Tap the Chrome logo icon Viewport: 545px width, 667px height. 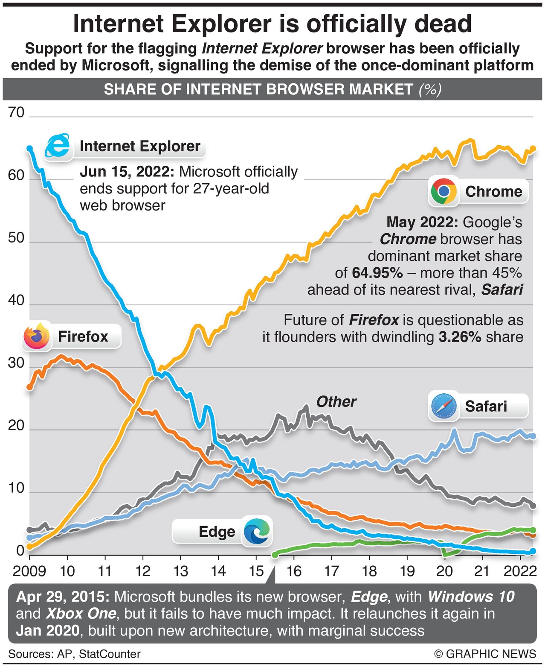point(444,191)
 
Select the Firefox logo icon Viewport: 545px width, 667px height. point(37,336)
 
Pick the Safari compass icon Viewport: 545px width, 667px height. point(444,406)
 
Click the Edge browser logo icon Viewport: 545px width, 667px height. point(257,531)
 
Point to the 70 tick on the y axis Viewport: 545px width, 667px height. point(16,113)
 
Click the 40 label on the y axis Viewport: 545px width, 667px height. point(16,300)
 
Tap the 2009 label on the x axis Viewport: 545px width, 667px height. point(29,571)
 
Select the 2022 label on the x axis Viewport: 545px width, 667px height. point(519,571)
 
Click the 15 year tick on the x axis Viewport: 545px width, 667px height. point(256,571)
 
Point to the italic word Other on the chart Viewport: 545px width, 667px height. point(336,401)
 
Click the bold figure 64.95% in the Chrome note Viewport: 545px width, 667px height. point(377,272)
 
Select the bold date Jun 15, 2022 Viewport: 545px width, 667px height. point(127,172)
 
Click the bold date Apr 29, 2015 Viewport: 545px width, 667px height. point(63,597)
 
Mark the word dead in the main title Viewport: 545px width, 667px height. point(443,24)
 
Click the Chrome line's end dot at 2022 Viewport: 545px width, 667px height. point(533,149)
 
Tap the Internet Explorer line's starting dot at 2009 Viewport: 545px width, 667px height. point(29,148)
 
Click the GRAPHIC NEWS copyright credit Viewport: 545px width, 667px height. point(485,654)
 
